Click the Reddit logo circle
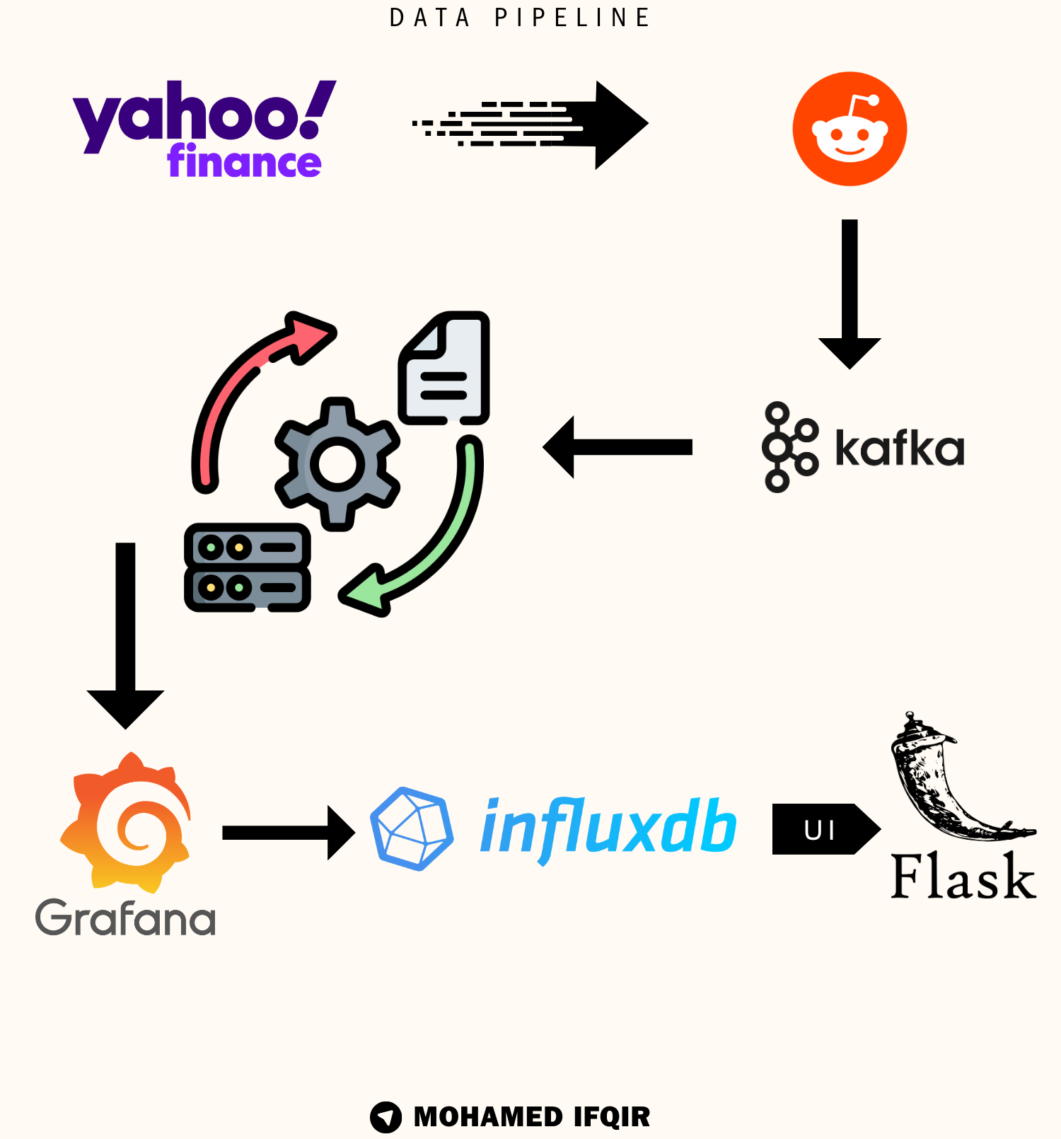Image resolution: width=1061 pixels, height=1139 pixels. point(850,129)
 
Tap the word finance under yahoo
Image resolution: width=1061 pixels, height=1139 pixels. point(244,161)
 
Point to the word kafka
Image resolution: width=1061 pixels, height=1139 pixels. point(899,448)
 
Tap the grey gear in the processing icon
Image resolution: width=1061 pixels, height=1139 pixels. point(337,463)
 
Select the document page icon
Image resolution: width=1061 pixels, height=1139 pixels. point(445,368)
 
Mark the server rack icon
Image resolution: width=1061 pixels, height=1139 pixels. point(247,567)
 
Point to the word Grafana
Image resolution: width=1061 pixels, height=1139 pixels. point(125,918)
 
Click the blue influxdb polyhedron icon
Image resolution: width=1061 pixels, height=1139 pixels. point(412,828)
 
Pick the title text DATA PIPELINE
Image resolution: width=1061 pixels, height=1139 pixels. point(520,18)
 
